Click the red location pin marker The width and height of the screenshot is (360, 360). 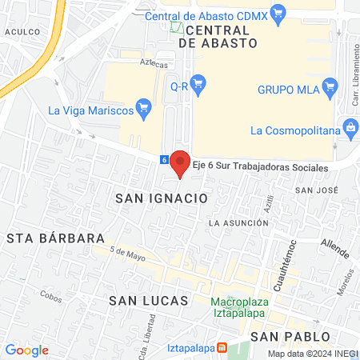(181, 162)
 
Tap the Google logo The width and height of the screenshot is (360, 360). (26, 350)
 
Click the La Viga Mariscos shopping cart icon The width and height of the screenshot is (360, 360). (144, 106)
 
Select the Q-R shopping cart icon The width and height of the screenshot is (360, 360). (199, 82)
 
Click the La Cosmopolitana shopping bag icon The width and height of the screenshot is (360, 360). (350, 126)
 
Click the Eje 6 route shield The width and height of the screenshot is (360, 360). (165, 159)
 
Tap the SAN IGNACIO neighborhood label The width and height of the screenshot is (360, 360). (162, 197)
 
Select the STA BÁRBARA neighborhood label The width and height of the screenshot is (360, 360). (56, 238)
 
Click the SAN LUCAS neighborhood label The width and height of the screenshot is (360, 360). (148, 301)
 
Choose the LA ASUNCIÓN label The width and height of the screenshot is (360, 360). (238, 222)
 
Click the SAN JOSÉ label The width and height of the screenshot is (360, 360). (314, 190)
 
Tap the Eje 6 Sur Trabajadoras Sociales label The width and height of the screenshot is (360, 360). (260, 169)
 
